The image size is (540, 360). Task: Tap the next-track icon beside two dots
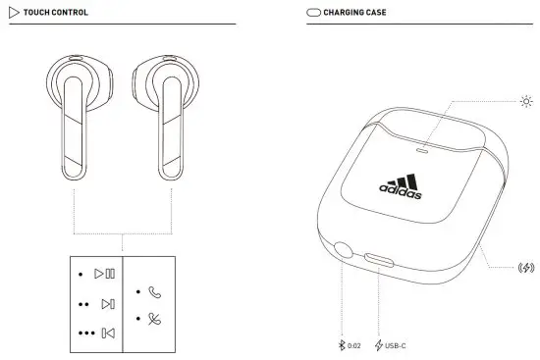[107, 304]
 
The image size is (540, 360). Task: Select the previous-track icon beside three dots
[108, 334]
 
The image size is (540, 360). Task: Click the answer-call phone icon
[155, 291]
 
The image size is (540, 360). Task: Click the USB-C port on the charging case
[379, 260]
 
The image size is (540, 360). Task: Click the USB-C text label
[397, 344]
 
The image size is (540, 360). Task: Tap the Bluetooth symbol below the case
[341, 344]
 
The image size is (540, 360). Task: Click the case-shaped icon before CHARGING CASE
[314, 13]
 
